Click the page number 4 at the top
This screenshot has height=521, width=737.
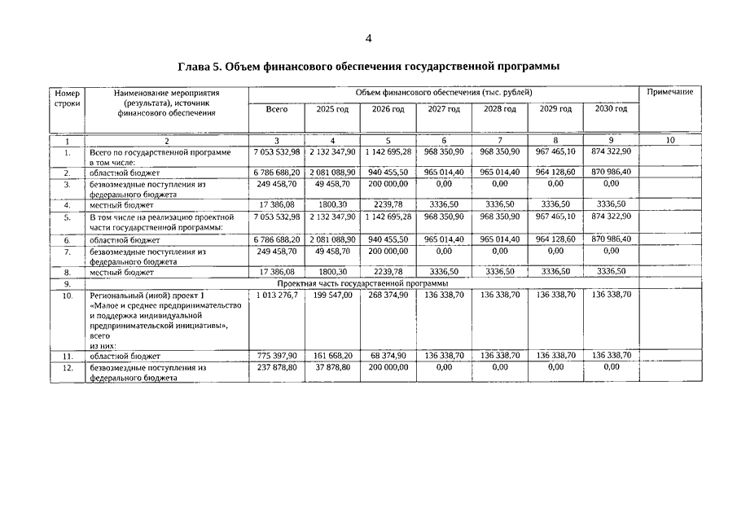pos(368,38)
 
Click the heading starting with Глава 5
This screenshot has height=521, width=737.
pos(368,66)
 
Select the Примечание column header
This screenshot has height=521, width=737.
pos(669,92)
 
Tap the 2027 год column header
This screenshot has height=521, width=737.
pos(444,109)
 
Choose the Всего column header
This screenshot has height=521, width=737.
pos(277,109)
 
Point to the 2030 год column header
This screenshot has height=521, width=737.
pos(611,109)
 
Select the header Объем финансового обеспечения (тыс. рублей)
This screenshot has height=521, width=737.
pos(444,92)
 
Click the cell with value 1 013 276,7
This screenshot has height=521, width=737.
pos(277,294)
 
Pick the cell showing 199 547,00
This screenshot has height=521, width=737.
pos(332,294)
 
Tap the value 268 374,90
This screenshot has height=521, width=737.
pos(388,294)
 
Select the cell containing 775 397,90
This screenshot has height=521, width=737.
pos(277,356)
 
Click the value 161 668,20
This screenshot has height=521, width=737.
pos(332,356)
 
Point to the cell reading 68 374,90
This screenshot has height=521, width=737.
pos(388,356)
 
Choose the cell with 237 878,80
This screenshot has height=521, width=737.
pos(277,367)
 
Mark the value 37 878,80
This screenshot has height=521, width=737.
pos(332,367)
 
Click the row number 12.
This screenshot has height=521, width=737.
pos(68,368)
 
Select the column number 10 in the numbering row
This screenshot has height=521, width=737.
pos(669,141)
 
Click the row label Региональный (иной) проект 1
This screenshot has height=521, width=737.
pos(147,295)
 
